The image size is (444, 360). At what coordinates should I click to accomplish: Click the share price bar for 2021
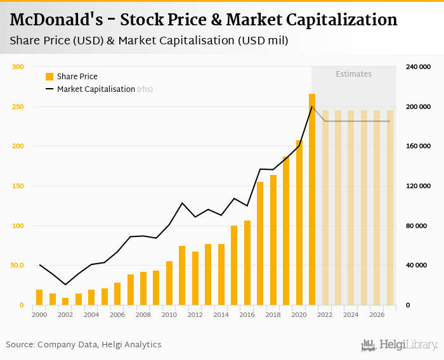(312, 200)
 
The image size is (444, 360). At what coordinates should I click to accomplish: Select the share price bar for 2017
(260, 243)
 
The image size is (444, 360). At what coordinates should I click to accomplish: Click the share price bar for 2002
(65, 301)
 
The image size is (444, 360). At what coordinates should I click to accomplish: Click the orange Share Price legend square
(49, 77)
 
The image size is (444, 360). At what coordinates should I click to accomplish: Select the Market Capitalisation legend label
(96, 89)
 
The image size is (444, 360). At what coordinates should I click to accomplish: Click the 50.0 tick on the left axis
(16, 265)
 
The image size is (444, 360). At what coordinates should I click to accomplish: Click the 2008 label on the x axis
(143, 315)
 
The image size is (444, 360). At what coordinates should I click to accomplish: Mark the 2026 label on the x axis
(377, 315)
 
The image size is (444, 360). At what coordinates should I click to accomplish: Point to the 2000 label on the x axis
(39, 315)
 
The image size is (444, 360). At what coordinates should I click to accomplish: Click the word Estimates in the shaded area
(353, 74)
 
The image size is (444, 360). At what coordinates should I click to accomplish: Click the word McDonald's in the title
(51, 20)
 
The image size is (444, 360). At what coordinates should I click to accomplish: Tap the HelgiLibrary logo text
(408, 345)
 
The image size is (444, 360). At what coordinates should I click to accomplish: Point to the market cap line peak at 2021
(311, 106)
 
